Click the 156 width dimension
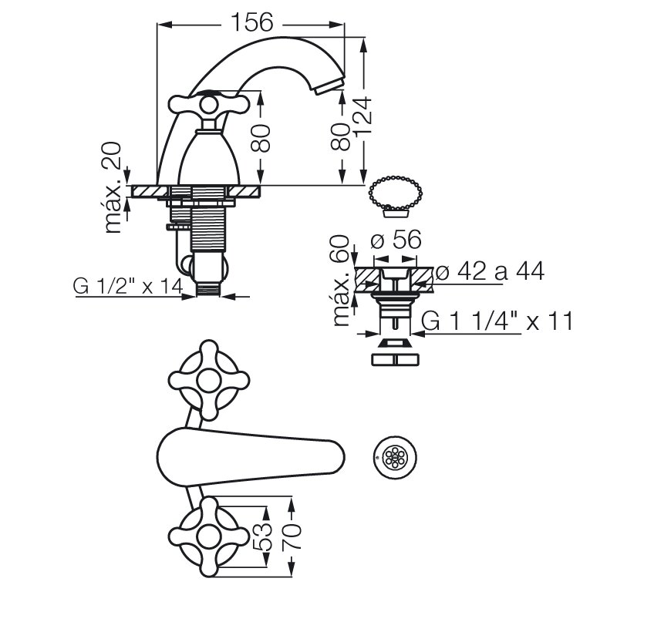251,22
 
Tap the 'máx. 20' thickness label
112,188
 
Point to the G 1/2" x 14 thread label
128,286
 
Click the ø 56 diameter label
396,240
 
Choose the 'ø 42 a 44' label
491,271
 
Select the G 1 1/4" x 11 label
497,321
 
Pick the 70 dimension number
292,536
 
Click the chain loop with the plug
395,196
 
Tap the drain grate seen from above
394,457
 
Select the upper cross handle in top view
208,379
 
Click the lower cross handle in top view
208,536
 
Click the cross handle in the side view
208,104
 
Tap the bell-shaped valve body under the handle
208,158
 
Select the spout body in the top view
251,457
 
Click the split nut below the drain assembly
395,359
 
